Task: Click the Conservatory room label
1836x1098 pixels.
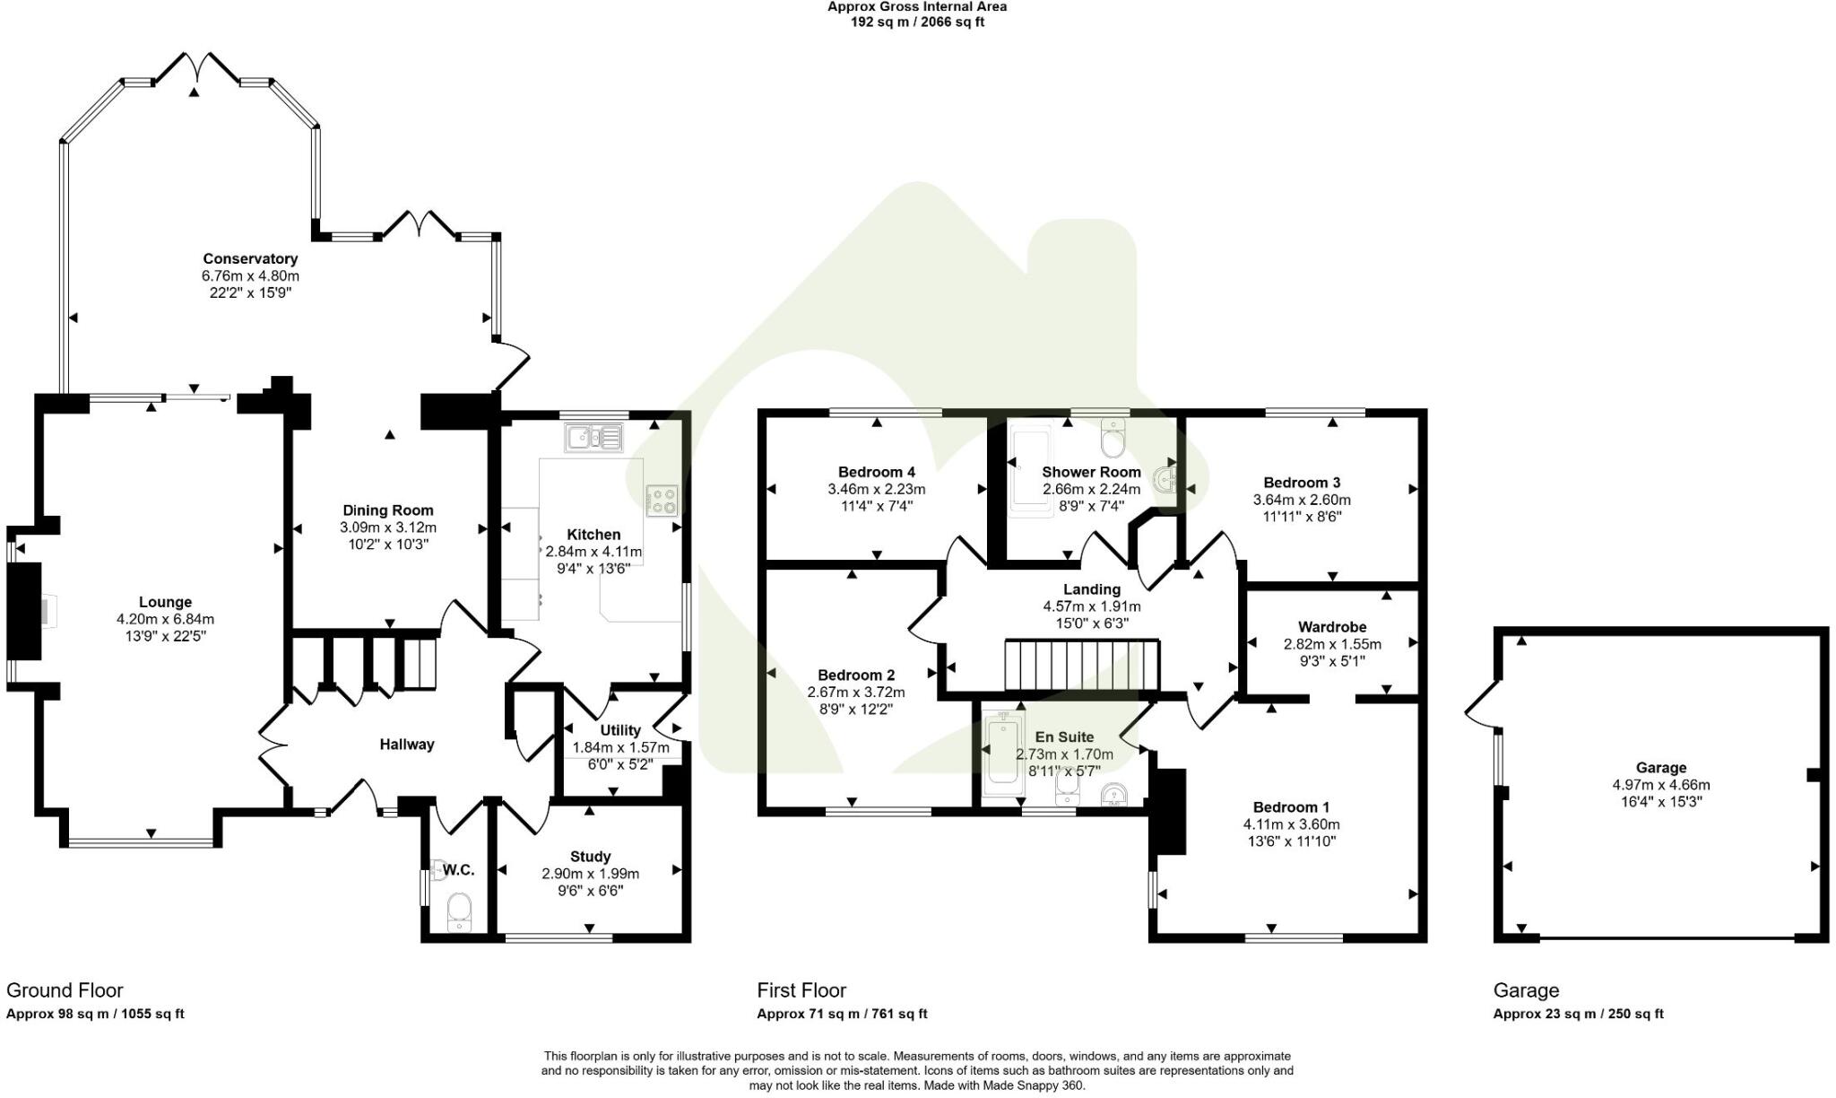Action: pyautogui.click(x=250, y=259)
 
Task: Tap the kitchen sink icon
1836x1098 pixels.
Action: pyautogui.click(x=593, y=438)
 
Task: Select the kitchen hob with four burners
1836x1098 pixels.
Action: pyautogui.click(x=663, y=501)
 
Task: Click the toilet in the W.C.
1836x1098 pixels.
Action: pyautogui.click(x=460, y=911)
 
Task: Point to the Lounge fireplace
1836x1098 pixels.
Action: pyautogui.click(x=25, y=612)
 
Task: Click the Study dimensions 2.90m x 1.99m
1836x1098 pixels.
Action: pyautogui.click(x=590, y=874)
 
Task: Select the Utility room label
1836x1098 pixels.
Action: pyautogui.click(x=620, y=730)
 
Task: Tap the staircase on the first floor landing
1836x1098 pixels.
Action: pyautogui.click(x=1081, y=666)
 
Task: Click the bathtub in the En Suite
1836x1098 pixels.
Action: pyautogui.click(x=1001, y=754)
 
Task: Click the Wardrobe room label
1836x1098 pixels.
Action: pyautogui.click(x=1332, y=627)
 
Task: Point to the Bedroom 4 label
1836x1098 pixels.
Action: pyautogui.click(x=876, y=472)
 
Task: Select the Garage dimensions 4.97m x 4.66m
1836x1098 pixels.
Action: pyautogui.click(x=1661, y=785)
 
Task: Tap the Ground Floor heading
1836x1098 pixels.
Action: pyautogui.click(x=65, y=990)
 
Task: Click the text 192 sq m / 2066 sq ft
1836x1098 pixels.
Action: pyautogui.click(x=917, y=22)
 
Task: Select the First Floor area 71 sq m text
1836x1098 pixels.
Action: pyautogui.click(x=842, y=1015)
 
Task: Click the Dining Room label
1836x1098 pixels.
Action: pyautogui.click(x=388, y=510)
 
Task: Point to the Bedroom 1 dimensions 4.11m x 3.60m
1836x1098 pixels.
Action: pyautogui.click(x=1291, y=824)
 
